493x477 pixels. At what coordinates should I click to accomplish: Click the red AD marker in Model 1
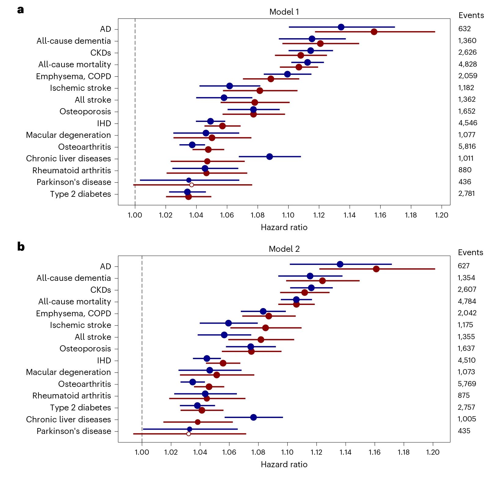[374, 32]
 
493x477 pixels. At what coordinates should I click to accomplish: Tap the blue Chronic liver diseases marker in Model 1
[270, 156]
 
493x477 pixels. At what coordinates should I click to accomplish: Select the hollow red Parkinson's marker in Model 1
[191, 185]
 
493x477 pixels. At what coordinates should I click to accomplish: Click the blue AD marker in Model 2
[340, 264]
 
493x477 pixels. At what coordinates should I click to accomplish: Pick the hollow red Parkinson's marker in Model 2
[189, 434]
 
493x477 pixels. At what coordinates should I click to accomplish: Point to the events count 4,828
[467, 64]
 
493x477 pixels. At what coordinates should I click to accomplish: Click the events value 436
[465, 182]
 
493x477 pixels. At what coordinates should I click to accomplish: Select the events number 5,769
[467, 384]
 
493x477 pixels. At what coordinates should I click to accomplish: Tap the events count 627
[463, 266]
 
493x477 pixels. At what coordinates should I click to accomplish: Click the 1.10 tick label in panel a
[288, 215]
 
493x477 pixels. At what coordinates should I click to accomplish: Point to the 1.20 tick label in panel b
[432, 452]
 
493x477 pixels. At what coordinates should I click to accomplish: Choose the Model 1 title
[284, 12]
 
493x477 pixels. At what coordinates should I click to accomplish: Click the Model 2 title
[284, 249]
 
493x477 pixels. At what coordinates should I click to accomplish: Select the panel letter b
[21, 247]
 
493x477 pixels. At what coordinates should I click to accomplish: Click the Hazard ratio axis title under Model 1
[284, 227]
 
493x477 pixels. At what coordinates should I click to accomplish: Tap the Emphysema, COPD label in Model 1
[73, 76]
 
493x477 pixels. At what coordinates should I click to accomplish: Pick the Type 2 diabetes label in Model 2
[80, 408]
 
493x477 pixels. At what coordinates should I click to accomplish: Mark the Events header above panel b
[470, 252]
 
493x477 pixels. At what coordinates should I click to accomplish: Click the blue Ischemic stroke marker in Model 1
[230, 86]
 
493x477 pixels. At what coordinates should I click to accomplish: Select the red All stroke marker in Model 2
[261, 339]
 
